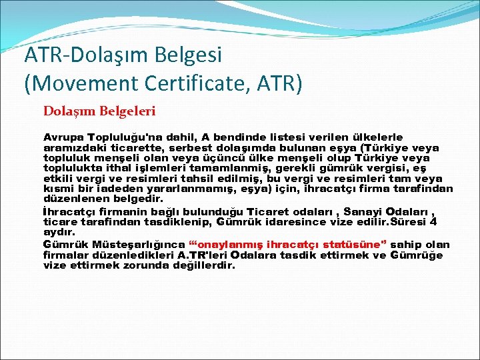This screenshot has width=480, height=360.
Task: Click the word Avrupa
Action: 63,137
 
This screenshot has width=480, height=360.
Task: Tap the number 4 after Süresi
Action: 434,221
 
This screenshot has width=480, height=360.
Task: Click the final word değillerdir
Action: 199,265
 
